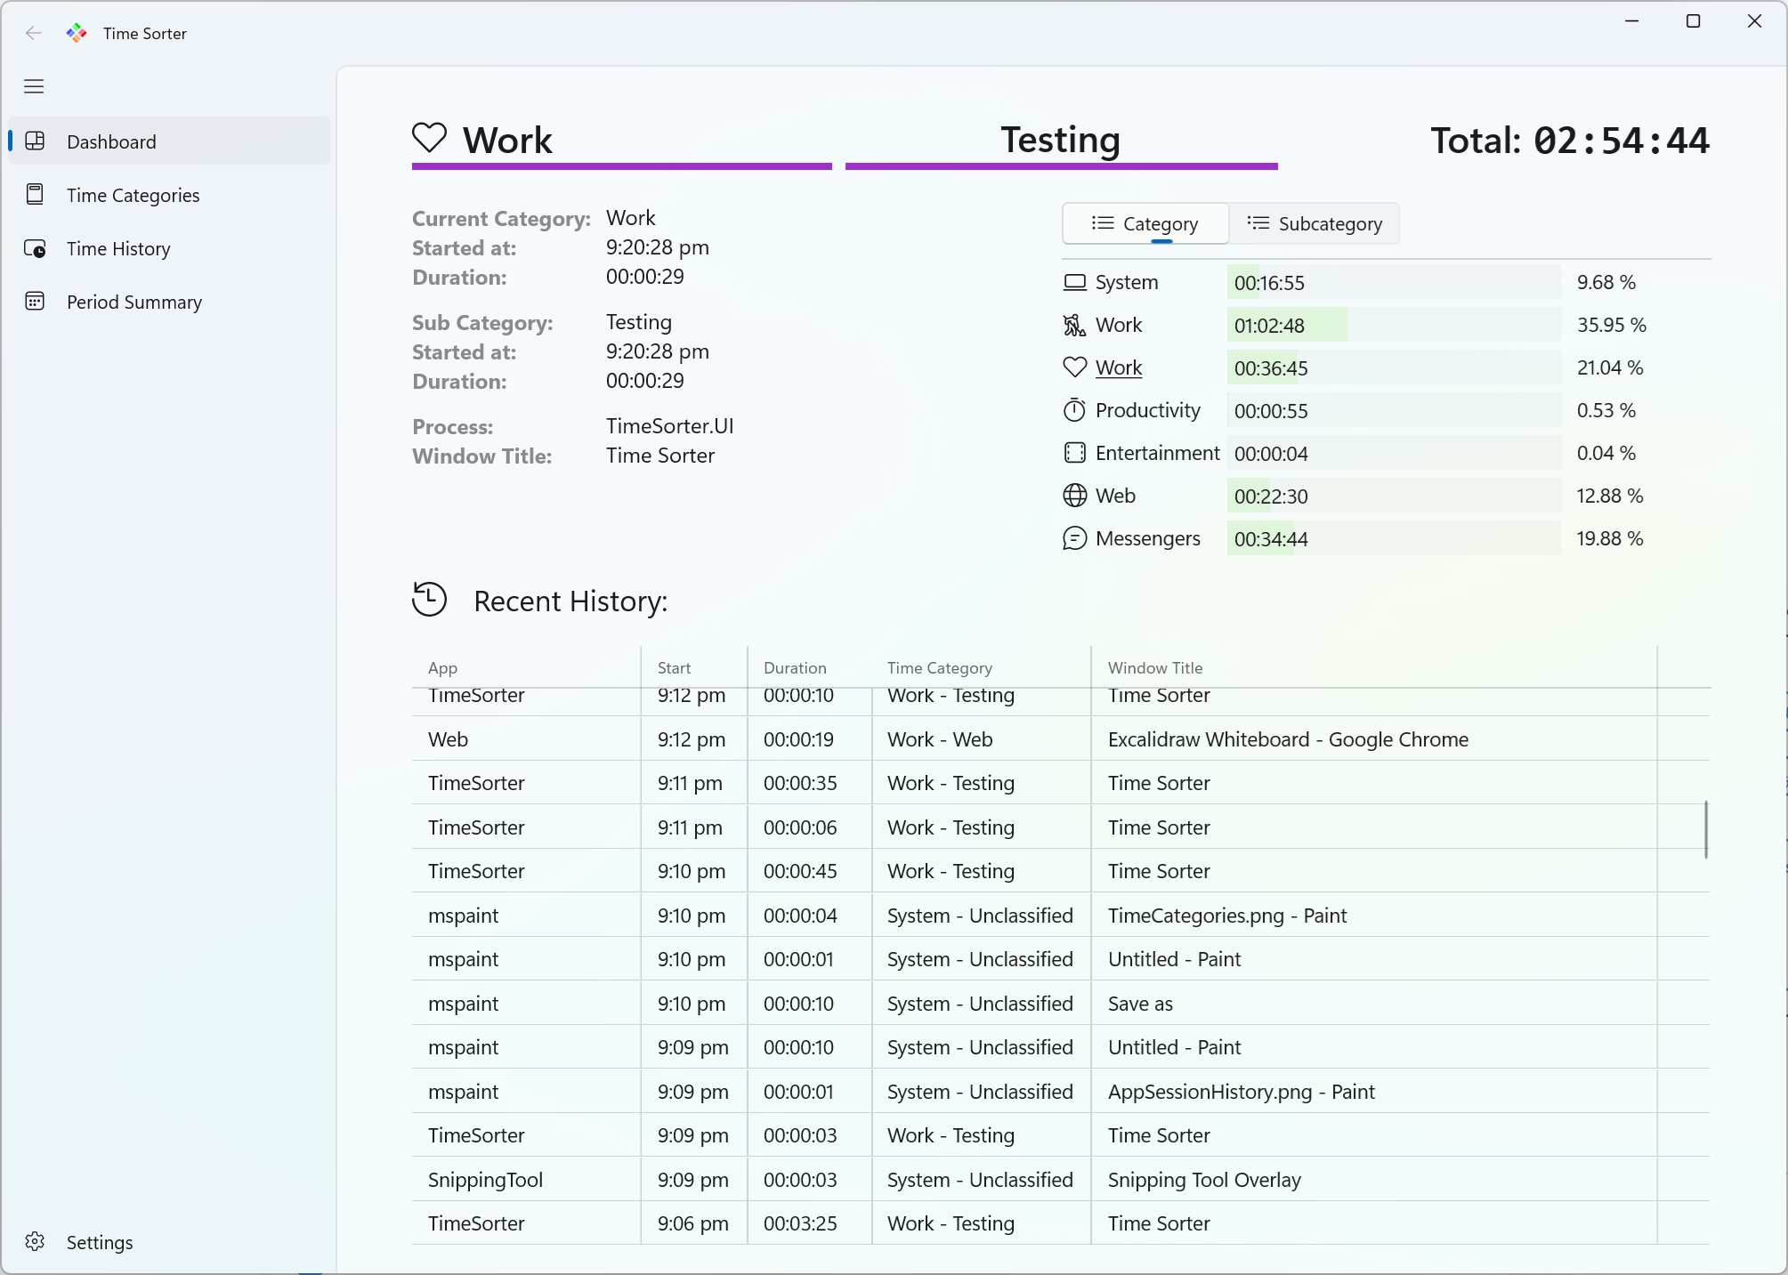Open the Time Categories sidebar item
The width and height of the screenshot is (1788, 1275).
click(x=133, y=196)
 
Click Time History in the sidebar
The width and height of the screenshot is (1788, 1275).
click(x=118, y=249)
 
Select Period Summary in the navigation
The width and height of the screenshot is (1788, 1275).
click(x=133, y=303)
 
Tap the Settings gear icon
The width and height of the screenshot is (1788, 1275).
click(x=35, y=1242)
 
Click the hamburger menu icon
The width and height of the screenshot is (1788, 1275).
click(x=34, y=86)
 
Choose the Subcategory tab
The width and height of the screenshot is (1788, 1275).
click(x=1315, y=224)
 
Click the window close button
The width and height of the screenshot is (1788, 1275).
click(x=1754, y=21)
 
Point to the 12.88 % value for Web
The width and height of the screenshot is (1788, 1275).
click(x=1609, y=496)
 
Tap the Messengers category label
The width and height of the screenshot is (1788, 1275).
click(x=1147, y=539)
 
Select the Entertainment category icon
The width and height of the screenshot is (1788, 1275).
click(x=1074, y=454)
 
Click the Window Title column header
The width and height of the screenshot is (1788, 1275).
click(x=1154, y=668)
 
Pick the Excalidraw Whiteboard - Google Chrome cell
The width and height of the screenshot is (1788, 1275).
click(x=1288, y=740)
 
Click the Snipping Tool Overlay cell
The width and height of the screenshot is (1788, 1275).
click(x=1203, y=1181)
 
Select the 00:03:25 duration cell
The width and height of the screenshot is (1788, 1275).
click(x=800, y=1224)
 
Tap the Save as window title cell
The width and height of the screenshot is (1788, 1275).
click(x=1140, y=1005)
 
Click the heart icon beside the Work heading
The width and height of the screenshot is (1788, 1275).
click(x=429, y=138)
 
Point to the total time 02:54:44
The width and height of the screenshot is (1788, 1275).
click(x=1621, y=141)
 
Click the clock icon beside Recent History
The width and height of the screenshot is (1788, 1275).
click(x=429, y=599)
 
